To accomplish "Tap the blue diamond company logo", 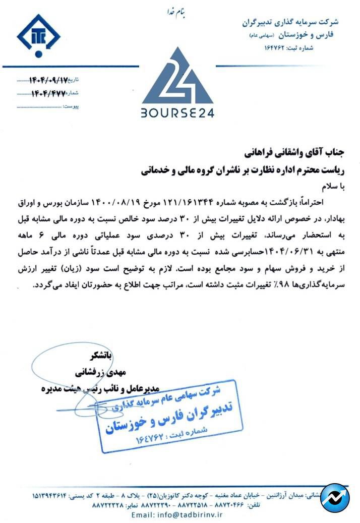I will pyautogui.click(x=38, y=36).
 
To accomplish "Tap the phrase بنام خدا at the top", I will pyautogui.click(x=177, y=11).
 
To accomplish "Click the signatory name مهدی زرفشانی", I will pyautogui.click(x=103, y=372).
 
